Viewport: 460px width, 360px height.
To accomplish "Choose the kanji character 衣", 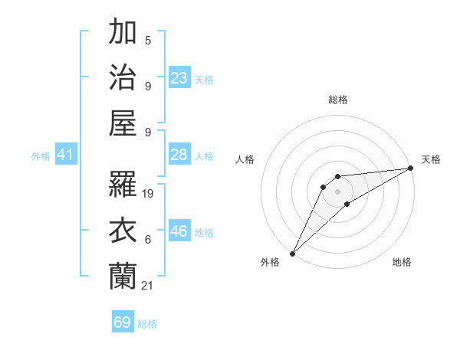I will tap(123, 231).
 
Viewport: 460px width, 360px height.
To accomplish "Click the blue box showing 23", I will tap(179, 78).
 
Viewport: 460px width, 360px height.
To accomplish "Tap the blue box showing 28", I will tap(179, 155).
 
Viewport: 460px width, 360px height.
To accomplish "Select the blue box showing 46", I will tap(179, 231).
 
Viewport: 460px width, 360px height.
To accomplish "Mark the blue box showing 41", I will tap(66, 155).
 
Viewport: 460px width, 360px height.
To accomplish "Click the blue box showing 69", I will tap(123, 322).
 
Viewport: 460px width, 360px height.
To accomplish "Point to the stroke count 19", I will tap(149, 194).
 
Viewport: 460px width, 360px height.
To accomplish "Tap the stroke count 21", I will tap(148, 286).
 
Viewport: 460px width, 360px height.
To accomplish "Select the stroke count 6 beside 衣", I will tap(148, 240).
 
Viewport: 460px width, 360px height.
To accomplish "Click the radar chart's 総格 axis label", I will tap(337, 100).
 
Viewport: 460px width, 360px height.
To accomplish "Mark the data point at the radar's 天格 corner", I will tap(411, 168).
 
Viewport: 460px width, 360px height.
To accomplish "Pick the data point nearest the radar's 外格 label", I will tap(292, 253).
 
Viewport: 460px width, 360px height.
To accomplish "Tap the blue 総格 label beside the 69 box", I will tap(147, 324).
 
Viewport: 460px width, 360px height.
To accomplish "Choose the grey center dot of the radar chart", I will tap(337, 191).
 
